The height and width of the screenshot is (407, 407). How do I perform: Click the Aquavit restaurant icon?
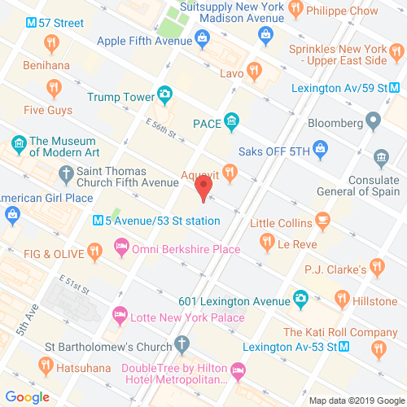tap(230, 171)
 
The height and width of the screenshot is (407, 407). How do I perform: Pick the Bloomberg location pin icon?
tap(374, 123)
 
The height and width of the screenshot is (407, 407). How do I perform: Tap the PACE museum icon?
tap(231, 123)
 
